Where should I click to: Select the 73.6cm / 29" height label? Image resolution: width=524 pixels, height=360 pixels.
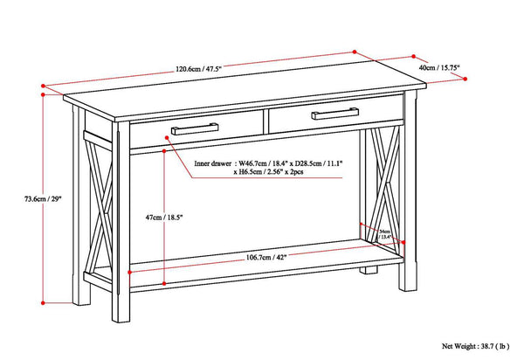tap(21, 198)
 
